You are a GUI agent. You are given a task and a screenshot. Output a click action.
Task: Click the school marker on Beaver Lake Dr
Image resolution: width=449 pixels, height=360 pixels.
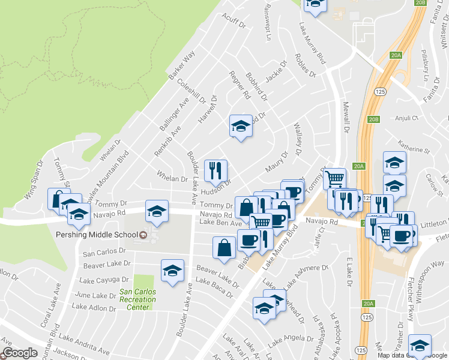[x=172, y=271]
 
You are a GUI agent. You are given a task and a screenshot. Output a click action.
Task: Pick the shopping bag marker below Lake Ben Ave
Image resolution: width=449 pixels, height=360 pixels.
[x=224, y=248]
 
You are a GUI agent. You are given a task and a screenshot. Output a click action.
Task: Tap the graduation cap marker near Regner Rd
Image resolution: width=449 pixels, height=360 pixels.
[x=241, y=126]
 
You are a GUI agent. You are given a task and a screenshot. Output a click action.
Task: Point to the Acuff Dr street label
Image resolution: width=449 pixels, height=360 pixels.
[x=234, y=22]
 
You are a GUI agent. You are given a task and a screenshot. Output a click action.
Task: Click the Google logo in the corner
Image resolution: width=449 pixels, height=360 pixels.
[x=19, y=353]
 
